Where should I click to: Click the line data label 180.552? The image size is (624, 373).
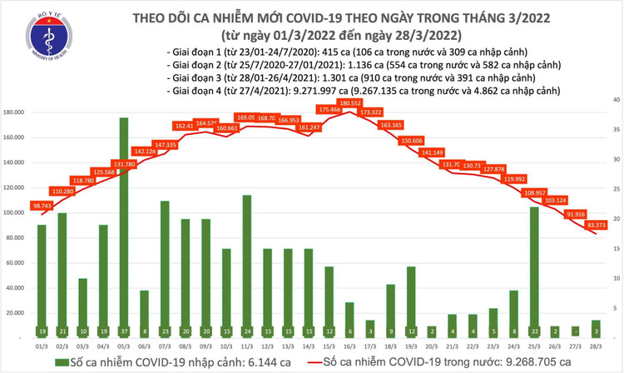pyautogui.click(x=349, y=102)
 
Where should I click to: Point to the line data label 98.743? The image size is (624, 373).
pyautogui.click(x=42, y=205)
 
